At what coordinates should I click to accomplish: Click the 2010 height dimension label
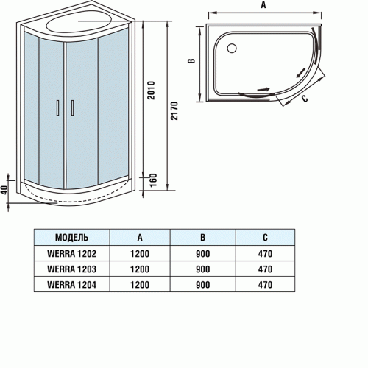[x=152, y=90]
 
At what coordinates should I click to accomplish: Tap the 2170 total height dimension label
[x=174, y=110]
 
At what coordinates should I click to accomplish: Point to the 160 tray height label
[x=153, y=180]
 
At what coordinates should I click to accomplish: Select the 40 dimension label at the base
[x=4, y=190]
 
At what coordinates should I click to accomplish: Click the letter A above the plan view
[x=263, y=4]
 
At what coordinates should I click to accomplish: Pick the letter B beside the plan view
[x=191, y=61]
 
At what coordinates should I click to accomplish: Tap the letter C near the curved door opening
[x=305, y=98]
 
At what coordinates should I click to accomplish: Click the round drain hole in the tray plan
[x=232, y=48]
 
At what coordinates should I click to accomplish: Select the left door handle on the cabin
[x=58, y=107]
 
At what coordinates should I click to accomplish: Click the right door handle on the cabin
[x=72, y=107]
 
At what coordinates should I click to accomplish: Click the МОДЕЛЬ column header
[x=71, y=238]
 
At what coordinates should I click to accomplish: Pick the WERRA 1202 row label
[x=71, y=254]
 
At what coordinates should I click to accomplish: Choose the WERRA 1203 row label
[x=71, y=269]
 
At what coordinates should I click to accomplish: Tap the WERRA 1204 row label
[x=71, y=285]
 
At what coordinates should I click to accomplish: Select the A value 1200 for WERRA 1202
[x=140, y=254]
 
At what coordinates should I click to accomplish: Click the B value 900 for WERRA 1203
[x=203, y=269]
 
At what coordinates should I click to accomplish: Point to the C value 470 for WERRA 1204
[x=265, y=285]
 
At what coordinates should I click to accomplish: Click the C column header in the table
[x=265, y=238]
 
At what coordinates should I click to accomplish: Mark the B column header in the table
[x=203, y=238]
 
